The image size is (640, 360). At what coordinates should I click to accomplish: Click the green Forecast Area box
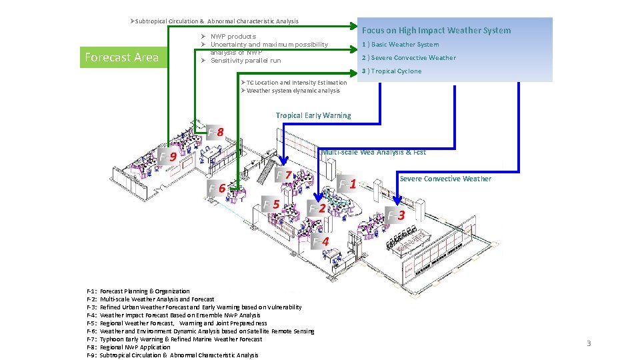pos(121,57)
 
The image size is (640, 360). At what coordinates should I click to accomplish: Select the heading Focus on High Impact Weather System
pos(436,31)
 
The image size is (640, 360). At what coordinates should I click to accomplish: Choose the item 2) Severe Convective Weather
pos(409,58)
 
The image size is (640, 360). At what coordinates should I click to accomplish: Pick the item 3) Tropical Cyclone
pos(391,71)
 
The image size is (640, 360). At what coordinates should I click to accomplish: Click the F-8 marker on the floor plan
pos(215,131)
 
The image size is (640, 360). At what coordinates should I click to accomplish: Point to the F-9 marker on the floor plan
pos(168,157)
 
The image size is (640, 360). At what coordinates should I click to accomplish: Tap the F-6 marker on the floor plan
pos(217,188)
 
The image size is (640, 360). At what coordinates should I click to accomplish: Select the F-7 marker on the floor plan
pos(285,175)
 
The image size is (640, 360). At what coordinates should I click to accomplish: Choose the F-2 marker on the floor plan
pos(317,209)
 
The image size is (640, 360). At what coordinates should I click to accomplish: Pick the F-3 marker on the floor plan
pos(397,215)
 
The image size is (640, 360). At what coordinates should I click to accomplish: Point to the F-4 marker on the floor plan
pos(321,241)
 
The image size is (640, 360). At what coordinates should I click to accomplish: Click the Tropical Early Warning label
pos(313,115)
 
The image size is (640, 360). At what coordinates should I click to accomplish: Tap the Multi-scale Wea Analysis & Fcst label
pos(374,153)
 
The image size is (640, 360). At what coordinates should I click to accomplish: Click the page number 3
pos(589,343)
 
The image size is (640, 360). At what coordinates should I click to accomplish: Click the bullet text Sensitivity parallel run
pos(245,61)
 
